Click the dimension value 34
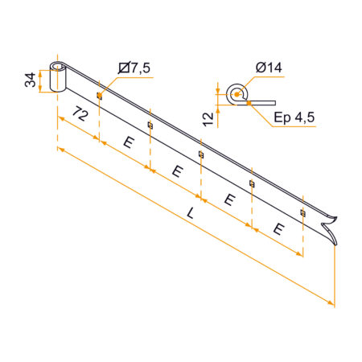[x=30, y=80]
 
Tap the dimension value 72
[x=80, y=113]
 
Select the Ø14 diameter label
[x=269, y=68]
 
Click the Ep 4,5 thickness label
[x=294, y=117]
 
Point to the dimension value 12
[x=208, y=119]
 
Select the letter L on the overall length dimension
[x=191, y=213]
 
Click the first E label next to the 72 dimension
[x=129, y=142]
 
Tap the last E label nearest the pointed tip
[x=279, y=229]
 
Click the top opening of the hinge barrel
[x=58, y=66]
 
